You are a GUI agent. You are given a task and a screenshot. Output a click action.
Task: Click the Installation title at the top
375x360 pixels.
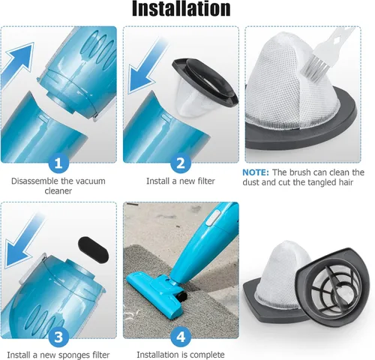[x=181, y=9]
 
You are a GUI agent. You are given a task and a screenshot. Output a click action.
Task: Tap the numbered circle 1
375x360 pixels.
[x=58, y=163]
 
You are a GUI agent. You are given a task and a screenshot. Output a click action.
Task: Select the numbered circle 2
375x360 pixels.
[x=181, y=163]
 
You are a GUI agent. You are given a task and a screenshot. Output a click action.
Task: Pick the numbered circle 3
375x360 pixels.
[x=58, y=337]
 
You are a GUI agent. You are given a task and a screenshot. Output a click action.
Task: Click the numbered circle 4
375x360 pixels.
[x=181, y=337]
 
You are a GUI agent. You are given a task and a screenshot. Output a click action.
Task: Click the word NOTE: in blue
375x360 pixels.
[x=256, y=172]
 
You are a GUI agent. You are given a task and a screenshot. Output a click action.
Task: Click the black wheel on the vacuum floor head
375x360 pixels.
[x=182, y=297]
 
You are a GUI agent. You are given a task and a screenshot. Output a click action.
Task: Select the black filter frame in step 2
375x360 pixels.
[x=205, y=81]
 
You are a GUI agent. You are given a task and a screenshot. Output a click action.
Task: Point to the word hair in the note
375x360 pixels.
[x=346, y=182]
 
